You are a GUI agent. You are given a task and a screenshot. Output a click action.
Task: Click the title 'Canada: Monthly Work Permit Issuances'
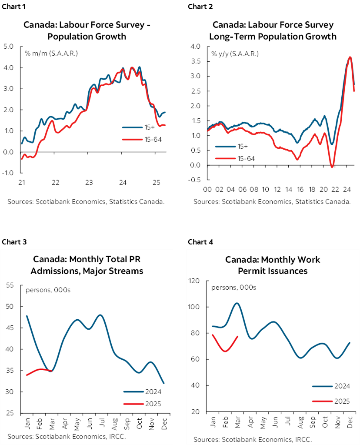(272, 265)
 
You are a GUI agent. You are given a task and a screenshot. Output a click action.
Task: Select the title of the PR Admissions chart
(88, 265)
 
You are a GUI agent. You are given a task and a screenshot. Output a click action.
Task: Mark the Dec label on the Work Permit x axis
(349, 422)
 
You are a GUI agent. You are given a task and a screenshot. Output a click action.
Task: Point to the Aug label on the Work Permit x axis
(300, 422)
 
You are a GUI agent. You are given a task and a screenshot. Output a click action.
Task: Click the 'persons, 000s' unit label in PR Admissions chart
(48, 290)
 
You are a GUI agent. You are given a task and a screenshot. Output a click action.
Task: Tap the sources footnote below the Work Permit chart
(253, 439)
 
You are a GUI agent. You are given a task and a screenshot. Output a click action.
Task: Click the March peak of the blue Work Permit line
(237, 303)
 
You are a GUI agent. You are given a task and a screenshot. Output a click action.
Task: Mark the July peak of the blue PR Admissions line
(100, 315)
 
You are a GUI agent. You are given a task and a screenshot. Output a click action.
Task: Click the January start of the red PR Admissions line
(27, 375)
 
